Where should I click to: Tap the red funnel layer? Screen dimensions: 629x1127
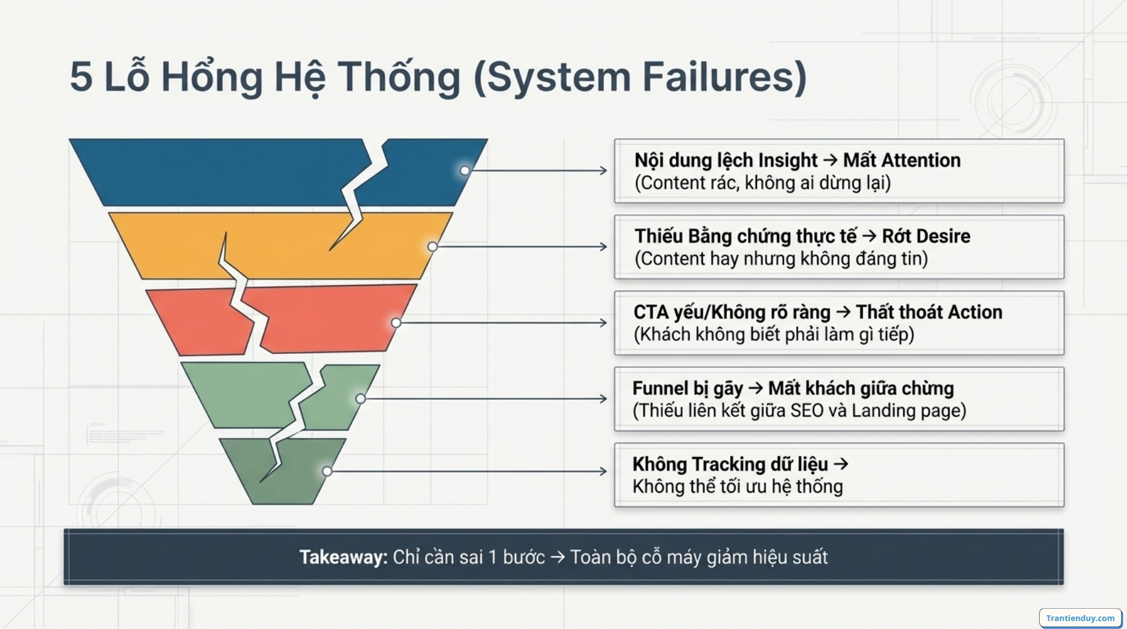tap(326, 319)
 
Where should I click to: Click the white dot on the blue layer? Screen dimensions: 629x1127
tap(465, 171)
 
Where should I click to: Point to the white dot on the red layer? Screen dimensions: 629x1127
tap(396, 323)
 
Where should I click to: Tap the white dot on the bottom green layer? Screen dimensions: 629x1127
tap(328, 471)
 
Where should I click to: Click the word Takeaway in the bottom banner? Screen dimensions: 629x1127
tap(342, 557)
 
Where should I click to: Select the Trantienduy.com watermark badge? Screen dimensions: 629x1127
tap(1080, 618)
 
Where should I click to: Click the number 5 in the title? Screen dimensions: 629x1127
tap(81, 77)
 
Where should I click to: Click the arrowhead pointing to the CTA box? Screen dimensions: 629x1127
tap(603, 323)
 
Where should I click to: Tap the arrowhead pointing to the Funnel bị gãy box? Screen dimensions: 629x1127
tap(603, 399)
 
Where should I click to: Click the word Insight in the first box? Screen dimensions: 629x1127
tap(787, 160)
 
